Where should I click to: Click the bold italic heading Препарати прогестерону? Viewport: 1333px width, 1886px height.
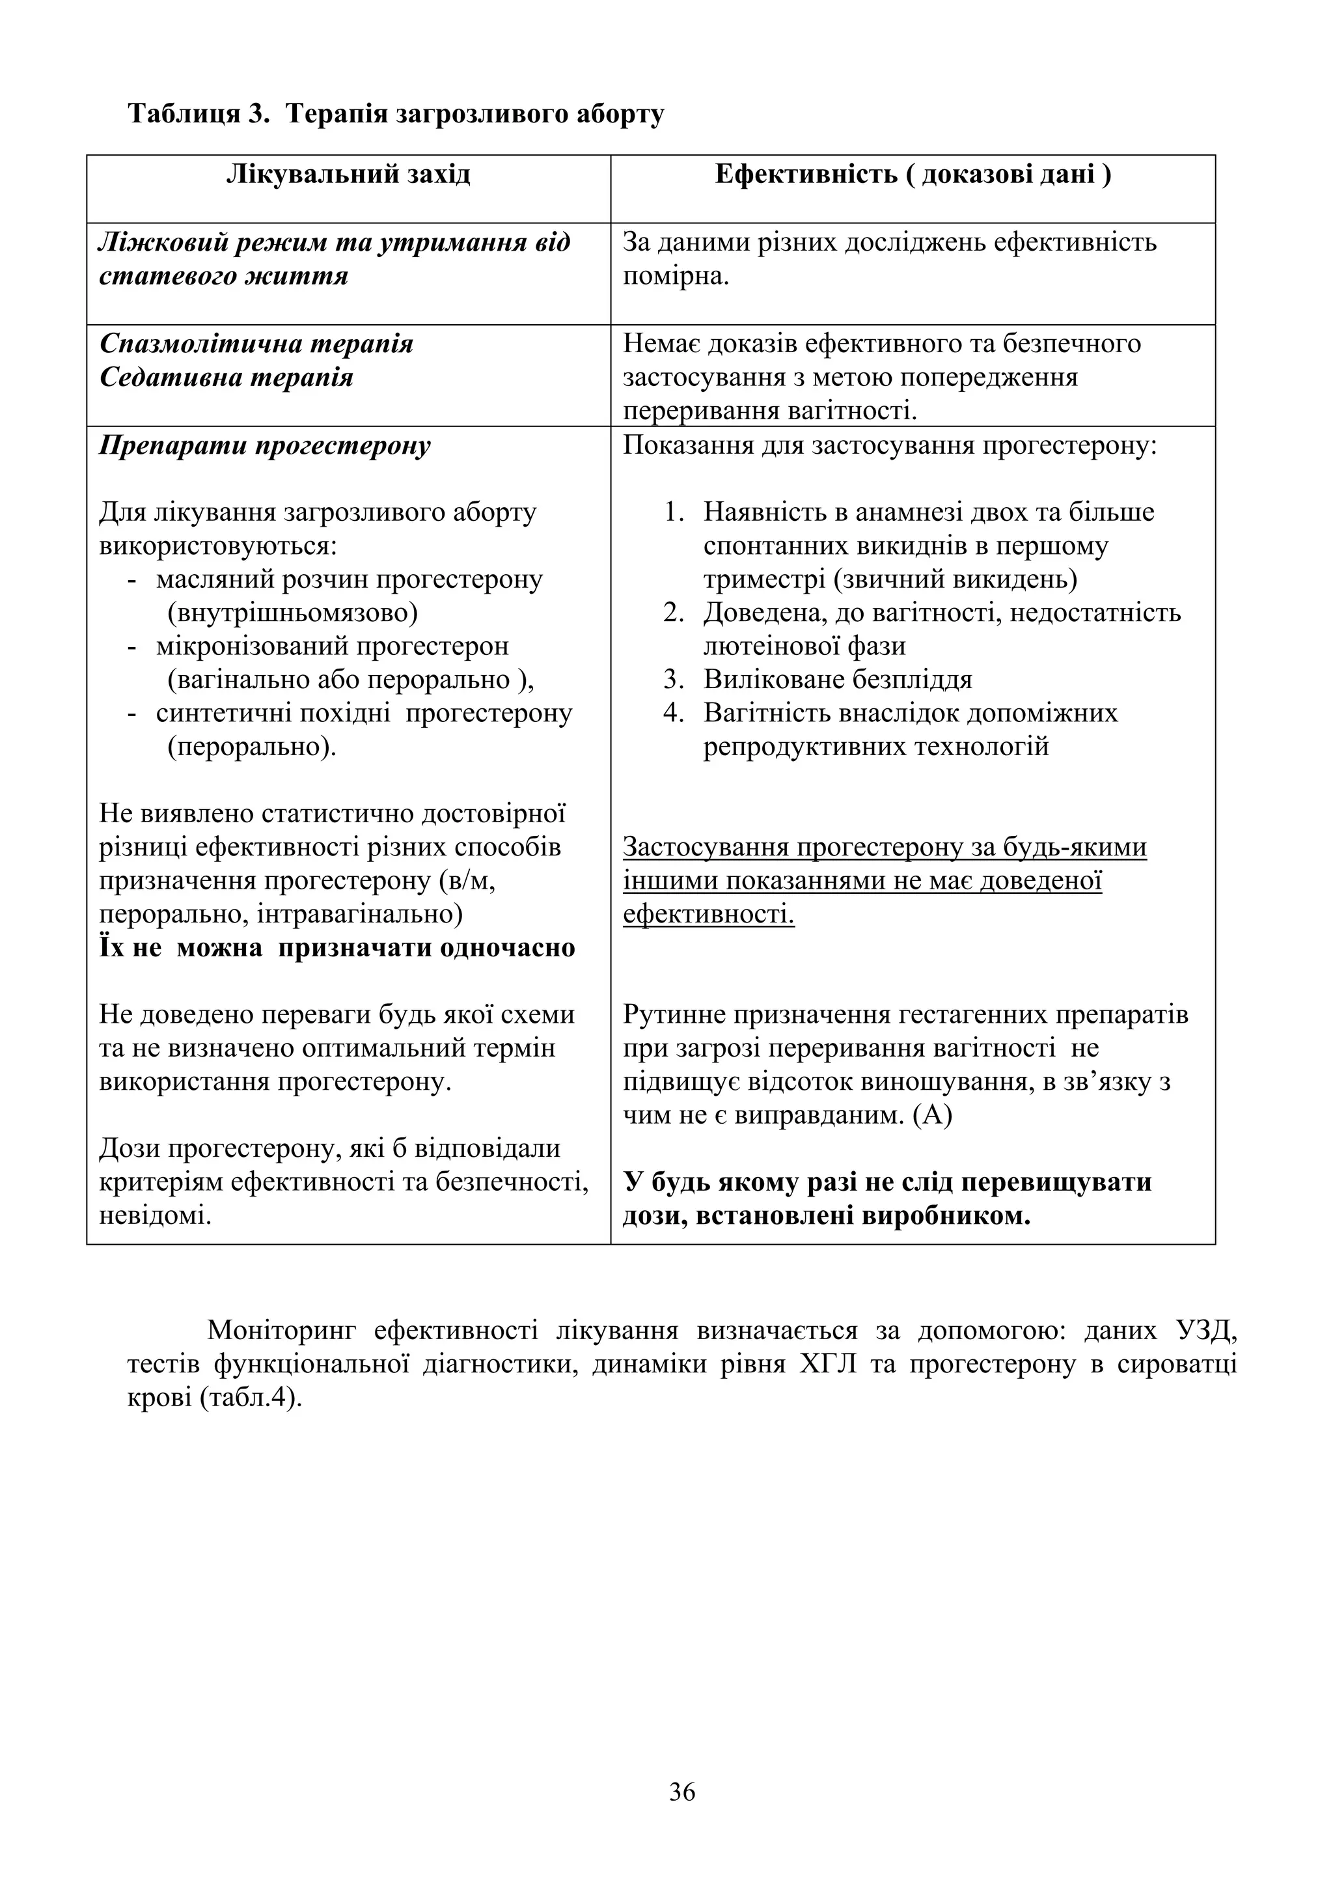(x=264, y=446)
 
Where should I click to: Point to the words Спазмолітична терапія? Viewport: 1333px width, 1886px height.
(x=256, y=343)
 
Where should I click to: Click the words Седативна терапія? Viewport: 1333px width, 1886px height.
(x=227, y=377)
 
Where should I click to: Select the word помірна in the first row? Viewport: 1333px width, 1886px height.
(x=675, y=276)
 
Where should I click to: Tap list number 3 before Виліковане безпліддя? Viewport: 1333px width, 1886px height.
(x=674, y=679)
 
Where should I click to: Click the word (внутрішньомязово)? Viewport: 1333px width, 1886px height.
(x=292, y=613)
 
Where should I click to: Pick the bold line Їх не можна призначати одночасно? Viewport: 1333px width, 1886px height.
(x=337, y=948)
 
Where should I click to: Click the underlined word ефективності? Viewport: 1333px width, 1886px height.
(x=708, y=914)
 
